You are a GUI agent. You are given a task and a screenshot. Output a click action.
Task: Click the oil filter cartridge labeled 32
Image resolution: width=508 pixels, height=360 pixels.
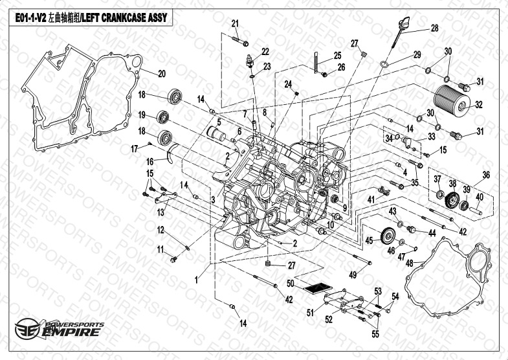coord(450,100)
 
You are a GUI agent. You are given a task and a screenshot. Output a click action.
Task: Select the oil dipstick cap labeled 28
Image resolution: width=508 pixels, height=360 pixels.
coord(403,25)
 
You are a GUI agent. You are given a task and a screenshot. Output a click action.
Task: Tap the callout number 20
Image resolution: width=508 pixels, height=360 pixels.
coord(161,74)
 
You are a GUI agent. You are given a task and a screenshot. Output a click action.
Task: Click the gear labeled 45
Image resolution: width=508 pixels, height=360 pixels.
coord(388,236)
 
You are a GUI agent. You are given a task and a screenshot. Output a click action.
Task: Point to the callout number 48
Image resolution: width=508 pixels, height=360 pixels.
coord(410,263)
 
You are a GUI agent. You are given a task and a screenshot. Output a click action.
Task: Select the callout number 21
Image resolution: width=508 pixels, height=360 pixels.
coord(235,24)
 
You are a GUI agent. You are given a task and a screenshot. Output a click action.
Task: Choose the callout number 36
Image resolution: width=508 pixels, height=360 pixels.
coord(486,175)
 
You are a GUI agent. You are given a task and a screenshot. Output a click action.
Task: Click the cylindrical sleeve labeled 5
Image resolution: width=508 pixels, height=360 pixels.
coord(216,133)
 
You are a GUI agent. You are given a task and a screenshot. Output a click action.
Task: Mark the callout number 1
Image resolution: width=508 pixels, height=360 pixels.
coord(196,280)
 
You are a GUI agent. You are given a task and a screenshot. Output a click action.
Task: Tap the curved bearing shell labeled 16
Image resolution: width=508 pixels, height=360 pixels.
coord(170,152)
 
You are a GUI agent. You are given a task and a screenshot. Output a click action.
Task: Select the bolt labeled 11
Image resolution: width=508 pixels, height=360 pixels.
coord(173,259)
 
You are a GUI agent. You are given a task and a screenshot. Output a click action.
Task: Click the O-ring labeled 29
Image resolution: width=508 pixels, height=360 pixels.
coord(384,65)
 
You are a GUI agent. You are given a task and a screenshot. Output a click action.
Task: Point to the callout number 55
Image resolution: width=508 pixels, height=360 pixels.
coord(375,333)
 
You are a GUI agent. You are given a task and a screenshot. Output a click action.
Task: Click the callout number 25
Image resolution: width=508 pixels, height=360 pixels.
coord(338,56)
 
